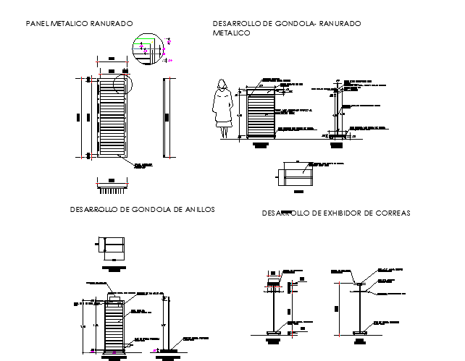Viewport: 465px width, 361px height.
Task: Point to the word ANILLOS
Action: (197, 209)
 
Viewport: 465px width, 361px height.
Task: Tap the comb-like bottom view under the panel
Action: (112, 190)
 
